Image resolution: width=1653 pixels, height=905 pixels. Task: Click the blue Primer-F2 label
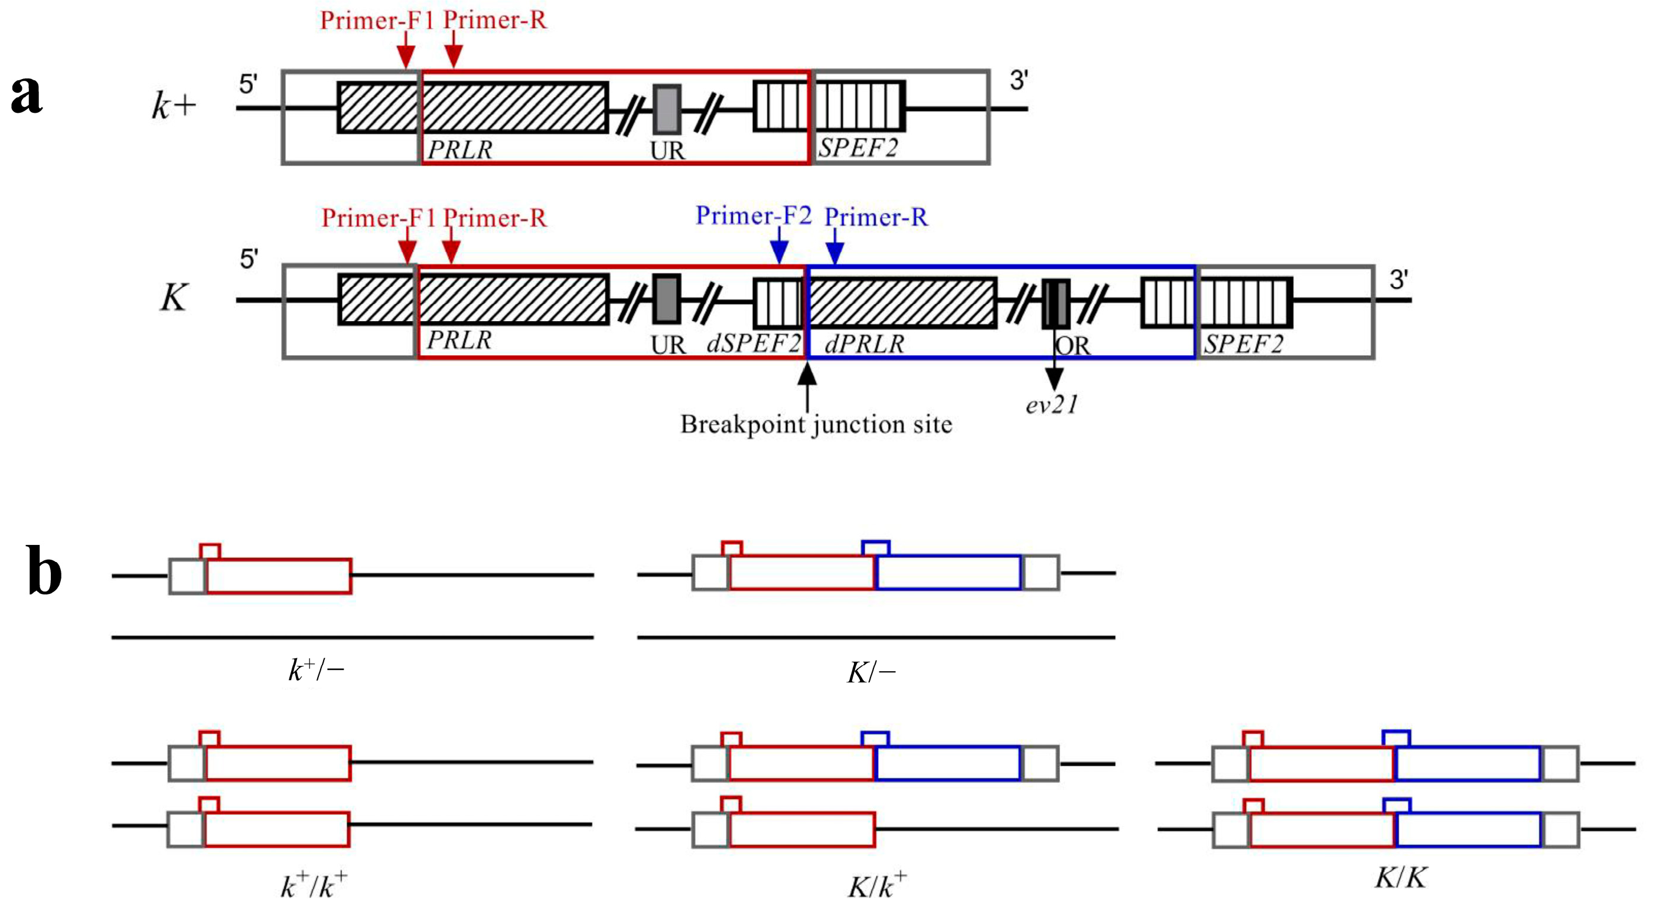pyautogui.click(x=754, y=215)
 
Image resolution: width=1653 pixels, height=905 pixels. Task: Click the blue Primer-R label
pyautogui.click(x=876, y=217)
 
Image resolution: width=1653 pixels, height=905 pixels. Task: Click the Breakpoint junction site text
pyautogui.click(x=816, y=424)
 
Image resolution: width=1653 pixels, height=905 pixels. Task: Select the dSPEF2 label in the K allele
pyautogui.click(x=754, y=343)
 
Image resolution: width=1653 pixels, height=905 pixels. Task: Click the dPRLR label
pyautogui.click(x=864, y=344)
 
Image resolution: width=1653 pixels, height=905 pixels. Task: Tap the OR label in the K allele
pyautogui.click(x=1074, y=347)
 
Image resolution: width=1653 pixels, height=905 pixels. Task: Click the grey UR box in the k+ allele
pyautogui.click(x=667, y=109)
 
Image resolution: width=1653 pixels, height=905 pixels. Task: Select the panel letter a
pyautogui.click(x=27, y=94)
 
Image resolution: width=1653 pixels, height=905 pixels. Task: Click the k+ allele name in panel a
pyautogui.click(x=173, y=105)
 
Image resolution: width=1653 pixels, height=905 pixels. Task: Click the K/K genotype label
pyautogui.click(x=1400, y=877)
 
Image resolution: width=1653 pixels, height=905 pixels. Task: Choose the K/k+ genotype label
pyautogui.click(x=876, y=886)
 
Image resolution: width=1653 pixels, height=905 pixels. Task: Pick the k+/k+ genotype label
pyautogui.click(x=314, y=886)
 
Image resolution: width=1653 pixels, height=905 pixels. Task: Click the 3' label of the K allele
pyautogui.click(x=1399, y=280)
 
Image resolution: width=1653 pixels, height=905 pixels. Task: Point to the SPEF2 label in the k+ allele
pyautogui.click(x=858, y=148)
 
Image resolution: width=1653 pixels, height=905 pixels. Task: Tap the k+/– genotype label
pyautogui.click(x=316, y=671)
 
